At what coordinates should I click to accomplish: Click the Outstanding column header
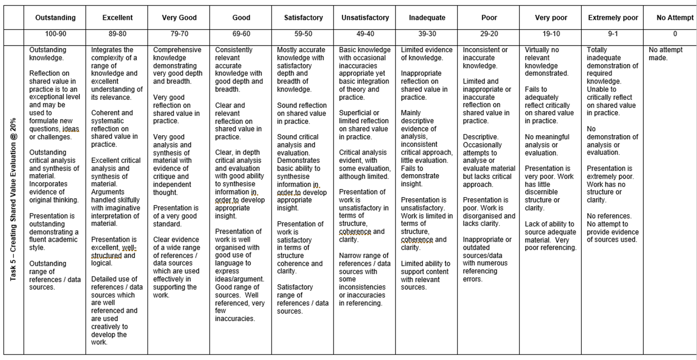point(55,17)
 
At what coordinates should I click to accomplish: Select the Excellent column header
point(117,17)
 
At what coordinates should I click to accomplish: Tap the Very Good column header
point(179,17)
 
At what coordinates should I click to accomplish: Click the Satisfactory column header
point(303,17)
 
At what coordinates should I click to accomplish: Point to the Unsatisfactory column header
point(365,17)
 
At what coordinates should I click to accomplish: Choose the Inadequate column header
point(427,17)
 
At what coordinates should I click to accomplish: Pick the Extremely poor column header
point(613,17)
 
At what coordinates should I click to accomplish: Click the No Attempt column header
point(674,17)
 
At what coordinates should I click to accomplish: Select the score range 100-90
point(55,34)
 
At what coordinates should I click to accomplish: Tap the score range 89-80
point(117,34)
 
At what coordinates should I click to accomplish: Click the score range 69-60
point(241,34)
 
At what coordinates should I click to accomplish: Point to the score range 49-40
point(365,34)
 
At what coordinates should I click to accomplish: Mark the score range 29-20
point(489,34)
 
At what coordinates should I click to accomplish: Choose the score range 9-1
point(613,34)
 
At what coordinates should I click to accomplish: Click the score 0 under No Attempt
point(674,34)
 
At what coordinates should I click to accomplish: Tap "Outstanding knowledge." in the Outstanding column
point(48,54)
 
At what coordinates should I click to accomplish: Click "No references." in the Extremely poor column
point(609,216)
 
